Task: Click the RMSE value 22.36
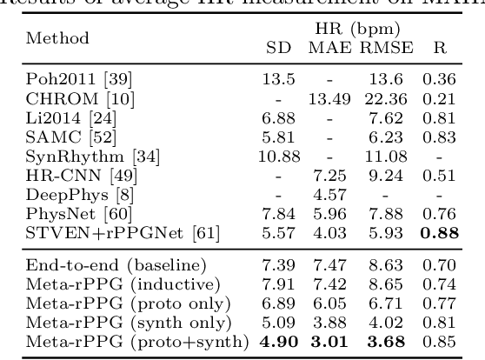[386, 98]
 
